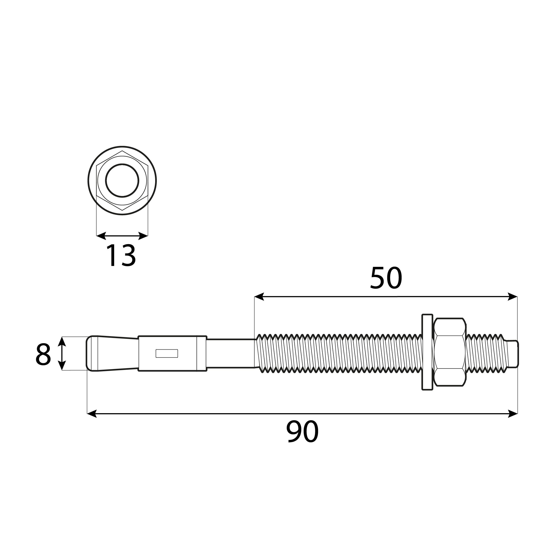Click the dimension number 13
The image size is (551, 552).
(x=121, y=256)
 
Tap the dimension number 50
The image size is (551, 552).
(x=386, y=278)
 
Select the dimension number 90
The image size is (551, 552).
(x=302, y=431)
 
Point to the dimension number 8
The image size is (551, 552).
(x=43, y=354)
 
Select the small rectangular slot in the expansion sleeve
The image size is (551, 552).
(x=167, y=353)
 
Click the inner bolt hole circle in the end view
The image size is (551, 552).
(x=122, y=181)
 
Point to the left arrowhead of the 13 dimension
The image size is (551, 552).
(x=101, y=236)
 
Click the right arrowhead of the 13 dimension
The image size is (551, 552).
(x=143, y=236)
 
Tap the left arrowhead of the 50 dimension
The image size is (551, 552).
(x=259, y=297)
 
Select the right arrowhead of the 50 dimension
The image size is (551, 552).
(x=513, y=297)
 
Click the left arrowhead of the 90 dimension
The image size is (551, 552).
(x=92, y=414)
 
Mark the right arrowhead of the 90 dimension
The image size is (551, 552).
(x=513, y=414)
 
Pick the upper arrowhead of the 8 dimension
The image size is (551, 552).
(x=62, y=341)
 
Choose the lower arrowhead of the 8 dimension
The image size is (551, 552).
(x=62, y=365)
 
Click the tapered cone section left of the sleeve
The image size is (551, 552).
(x=117, y=353)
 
